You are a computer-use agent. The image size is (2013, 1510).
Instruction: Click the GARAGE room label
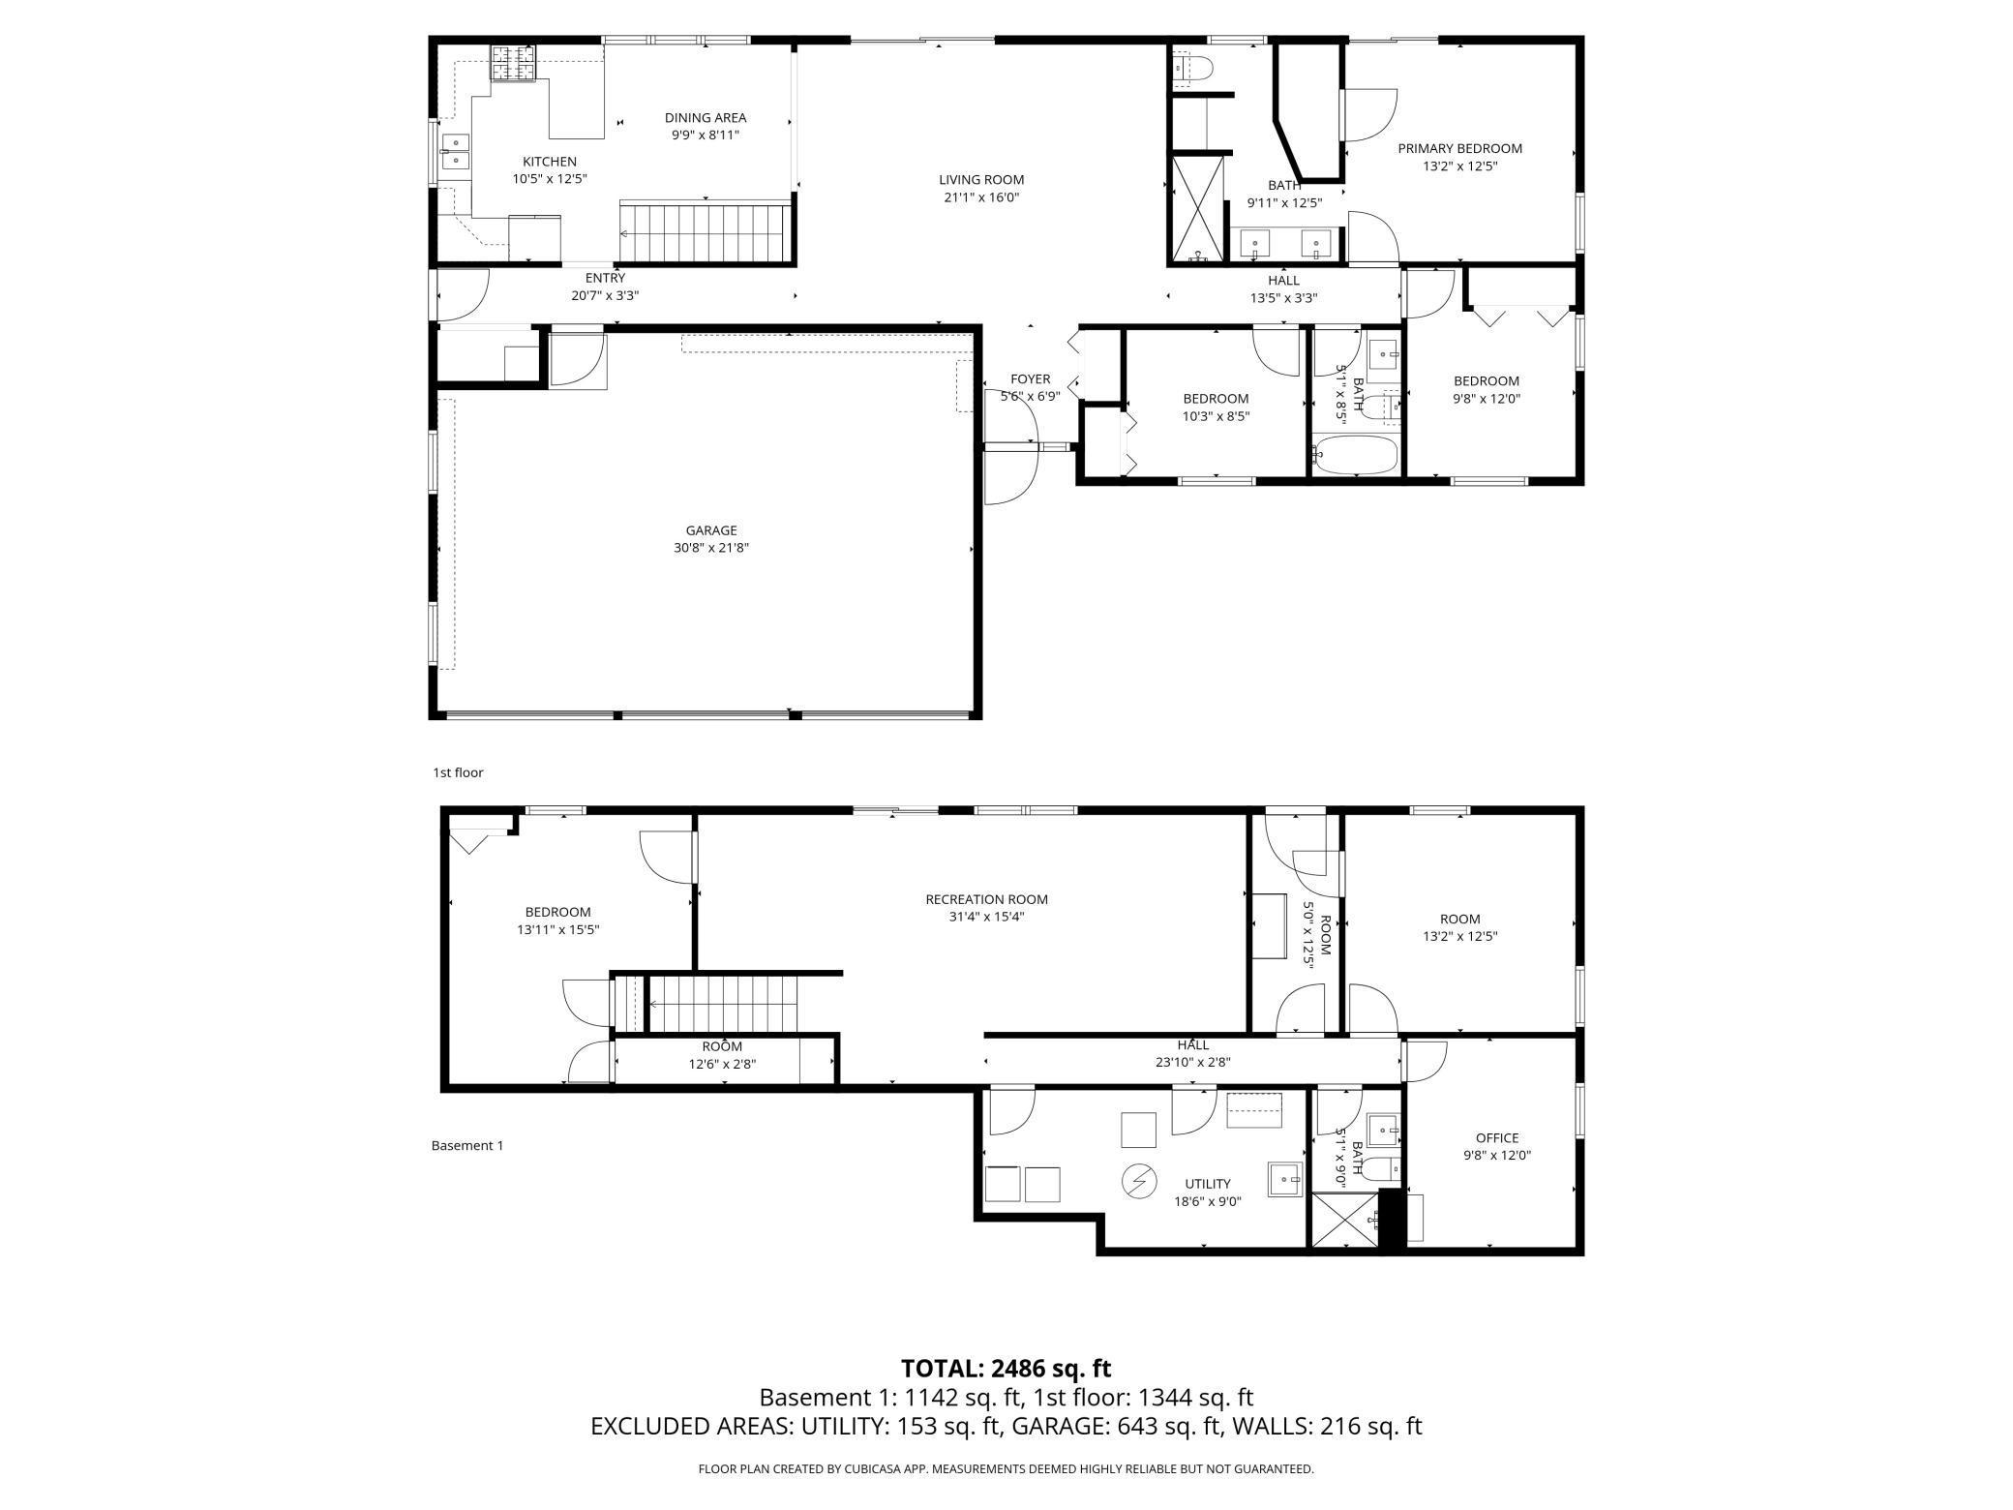coord(711,530)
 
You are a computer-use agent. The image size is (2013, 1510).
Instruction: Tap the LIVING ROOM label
coord(981,180)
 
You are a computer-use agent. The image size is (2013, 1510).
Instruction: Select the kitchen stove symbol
coord(513,64)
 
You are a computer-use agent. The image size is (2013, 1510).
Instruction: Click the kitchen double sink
coord(455,153)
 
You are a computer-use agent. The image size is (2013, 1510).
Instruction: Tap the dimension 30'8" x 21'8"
coord(711,548)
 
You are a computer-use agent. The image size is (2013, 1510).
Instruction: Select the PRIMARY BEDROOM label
coord(1459,149)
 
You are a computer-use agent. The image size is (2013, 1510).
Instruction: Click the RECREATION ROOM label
coord(986,899)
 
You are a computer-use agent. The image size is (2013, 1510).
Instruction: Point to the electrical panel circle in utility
coord(1139,1180)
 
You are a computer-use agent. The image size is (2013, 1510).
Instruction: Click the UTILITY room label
coord(1208,1184)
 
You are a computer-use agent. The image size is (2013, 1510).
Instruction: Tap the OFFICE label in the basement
coord(1497,1138)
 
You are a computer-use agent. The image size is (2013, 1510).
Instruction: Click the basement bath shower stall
coord(1345,1222)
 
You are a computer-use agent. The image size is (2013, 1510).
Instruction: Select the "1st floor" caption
coord(458,772)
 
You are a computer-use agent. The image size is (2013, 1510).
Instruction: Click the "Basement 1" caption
coord(467,1146)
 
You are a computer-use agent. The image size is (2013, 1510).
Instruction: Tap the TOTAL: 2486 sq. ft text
coord(1006,1369)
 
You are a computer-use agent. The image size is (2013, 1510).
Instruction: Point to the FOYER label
coord(1030,379)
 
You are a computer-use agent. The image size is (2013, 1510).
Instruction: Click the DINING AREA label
coord(706,118)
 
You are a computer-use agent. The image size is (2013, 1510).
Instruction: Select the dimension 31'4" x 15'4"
coord(986,917)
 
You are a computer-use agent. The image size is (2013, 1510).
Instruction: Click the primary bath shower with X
coord(1198,209)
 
